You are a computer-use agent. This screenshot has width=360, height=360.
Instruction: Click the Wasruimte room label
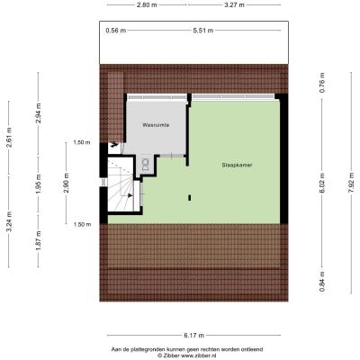(156, 125)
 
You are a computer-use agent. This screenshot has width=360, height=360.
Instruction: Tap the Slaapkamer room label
(237, 165)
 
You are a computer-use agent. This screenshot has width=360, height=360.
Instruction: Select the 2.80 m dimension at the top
(148, 4)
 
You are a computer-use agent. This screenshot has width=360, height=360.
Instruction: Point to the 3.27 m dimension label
(234, 4)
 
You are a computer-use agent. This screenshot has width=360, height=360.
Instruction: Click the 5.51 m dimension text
(203, 31)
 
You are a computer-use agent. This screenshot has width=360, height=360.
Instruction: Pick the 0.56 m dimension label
(116, 31)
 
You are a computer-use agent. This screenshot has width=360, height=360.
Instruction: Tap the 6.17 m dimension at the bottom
(193, 336)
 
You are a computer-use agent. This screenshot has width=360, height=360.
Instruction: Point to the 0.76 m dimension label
(322, 83)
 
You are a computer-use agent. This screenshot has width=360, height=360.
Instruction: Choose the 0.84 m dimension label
(322, 282)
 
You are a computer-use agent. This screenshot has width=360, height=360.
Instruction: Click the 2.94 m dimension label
(38, 113)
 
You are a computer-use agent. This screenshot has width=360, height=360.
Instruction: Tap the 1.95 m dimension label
(38, 184)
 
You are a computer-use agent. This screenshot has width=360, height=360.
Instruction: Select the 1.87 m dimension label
(38, 241)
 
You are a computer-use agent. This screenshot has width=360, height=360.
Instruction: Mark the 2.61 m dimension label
(9, 138)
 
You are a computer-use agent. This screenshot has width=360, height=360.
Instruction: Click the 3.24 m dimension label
(9, 221)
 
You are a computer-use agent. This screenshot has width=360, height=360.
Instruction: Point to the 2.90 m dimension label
(67, 184)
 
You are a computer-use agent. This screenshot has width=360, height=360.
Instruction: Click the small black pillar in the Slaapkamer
(190, 198)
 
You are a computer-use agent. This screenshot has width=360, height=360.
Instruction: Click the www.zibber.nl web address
(198, 355)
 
